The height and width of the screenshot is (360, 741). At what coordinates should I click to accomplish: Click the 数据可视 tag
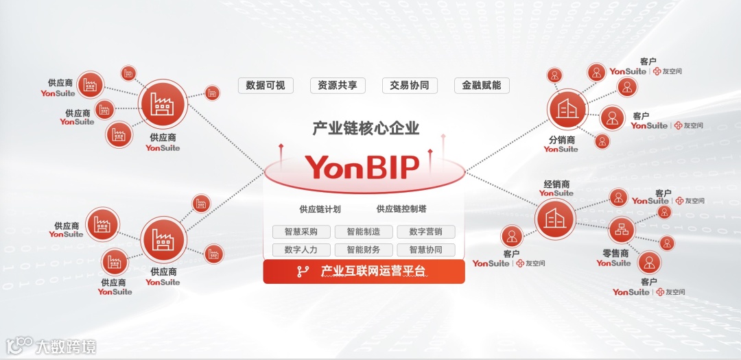click(x=266, y=86)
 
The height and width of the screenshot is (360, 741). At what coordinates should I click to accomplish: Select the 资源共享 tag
click(x=337, y=86)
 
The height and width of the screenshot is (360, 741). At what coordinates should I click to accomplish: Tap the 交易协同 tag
click(x=410, y=86)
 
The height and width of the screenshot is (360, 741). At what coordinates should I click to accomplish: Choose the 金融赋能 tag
click(x=482, y=86)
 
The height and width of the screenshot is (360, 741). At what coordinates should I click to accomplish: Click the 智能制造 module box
click(x=364, y=232)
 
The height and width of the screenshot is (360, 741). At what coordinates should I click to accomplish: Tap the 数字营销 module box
click(x=426, y=232)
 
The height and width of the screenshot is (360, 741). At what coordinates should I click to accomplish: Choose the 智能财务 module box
click(x=364, y=250)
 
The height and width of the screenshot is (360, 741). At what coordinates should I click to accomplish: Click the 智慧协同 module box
click(x=426, y=250)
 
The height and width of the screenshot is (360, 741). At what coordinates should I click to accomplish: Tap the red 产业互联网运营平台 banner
click(x=364, y=271)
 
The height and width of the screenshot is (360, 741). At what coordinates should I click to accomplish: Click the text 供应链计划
click(x=320, y=209)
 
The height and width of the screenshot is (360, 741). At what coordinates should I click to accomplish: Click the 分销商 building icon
click(x=567, y=110)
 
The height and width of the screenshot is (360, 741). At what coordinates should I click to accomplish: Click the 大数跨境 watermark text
click(x=67, y=346)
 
